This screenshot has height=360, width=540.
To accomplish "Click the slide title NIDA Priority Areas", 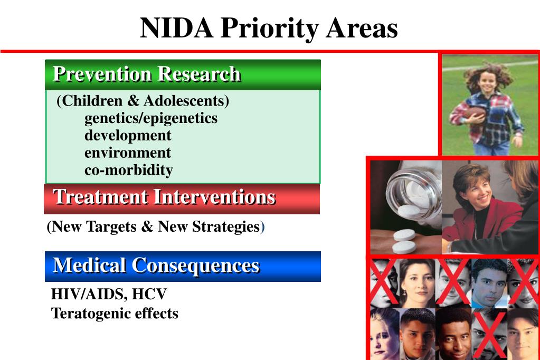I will (x=269, y=28).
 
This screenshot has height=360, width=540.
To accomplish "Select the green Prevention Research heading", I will (x=147, y=74).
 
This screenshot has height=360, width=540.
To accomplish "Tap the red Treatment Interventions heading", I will (x=164, y=197).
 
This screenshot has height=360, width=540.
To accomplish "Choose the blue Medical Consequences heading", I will (x=156, y=265).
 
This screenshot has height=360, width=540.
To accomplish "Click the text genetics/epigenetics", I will (x=151, y=118).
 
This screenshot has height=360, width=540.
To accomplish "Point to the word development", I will (x=128, y=135).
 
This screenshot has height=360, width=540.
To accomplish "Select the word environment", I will (x=128, y=153).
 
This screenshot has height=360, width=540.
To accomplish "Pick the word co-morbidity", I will (x=129, y=170).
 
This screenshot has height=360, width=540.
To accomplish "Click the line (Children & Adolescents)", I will (x=143, y=100).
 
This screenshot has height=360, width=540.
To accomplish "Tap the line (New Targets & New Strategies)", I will (x=155, y=227).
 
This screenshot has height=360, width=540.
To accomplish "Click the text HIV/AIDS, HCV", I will (x=109, y=293).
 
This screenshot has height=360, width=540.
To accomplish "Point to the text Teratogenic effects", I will (x=115, y=314).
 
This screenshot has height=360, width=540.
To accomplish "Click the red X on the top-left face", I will (x=382, y=282).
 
